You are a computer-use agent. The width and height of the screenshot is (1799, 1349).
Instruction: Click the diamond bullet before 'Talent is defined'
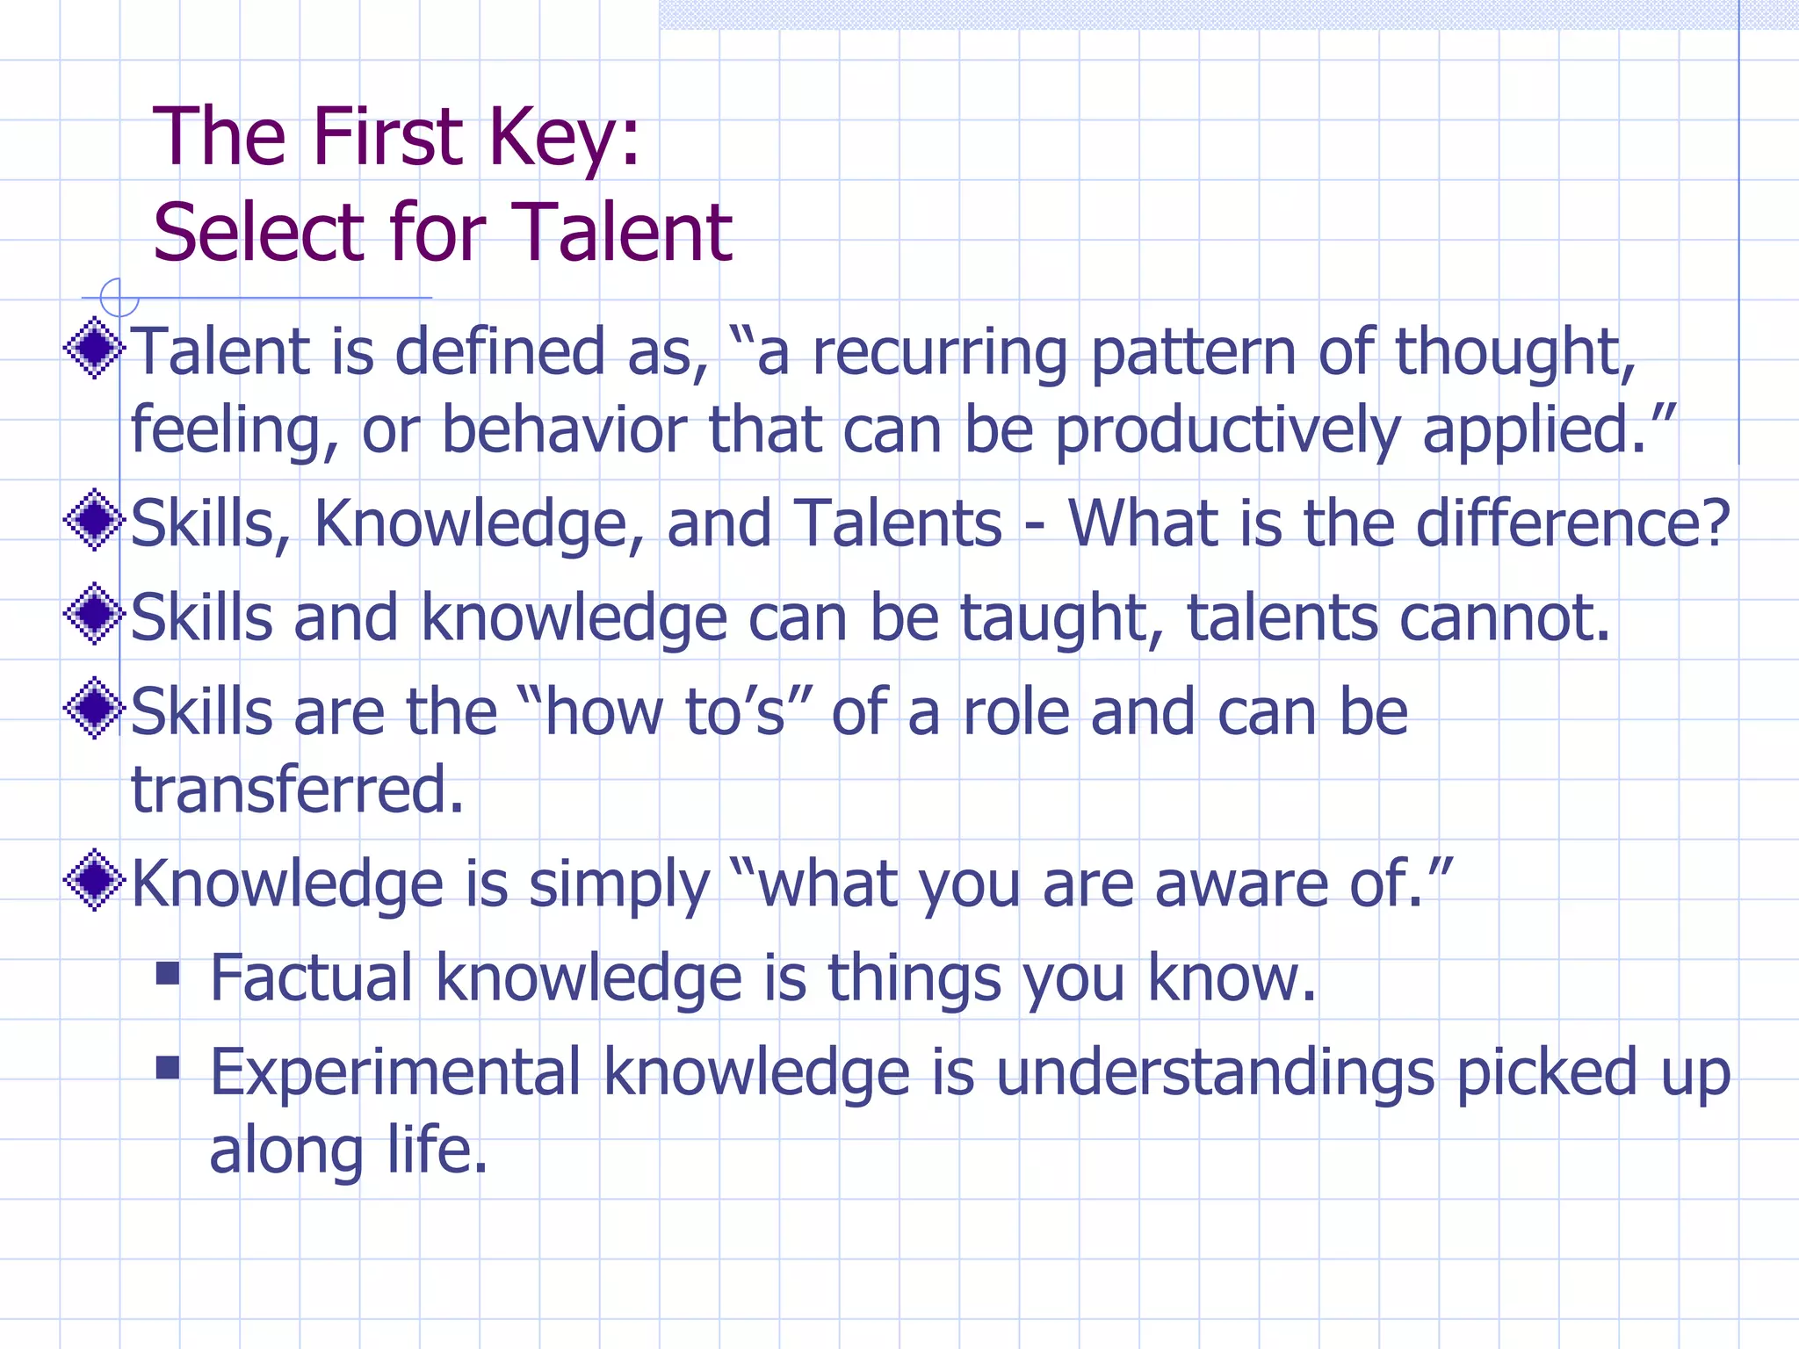94,348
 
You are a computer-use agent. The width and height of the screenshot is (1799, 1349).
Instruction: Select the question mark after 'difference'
1714,523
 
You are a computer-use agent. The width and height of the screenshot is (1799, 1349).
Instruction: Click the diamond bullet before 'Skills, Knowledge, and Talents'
94,520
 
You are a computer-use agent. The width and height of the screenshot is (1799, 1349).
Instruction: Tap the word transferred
297,789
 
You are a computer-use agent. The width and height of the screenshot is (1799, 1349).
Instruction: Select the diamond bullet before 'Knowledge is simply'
94,880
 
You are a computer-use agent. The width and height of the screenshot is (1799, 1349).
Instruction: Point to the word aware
1240,885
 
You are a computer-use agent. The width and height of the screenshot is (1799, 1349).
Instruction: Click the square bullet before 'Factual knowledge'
168,973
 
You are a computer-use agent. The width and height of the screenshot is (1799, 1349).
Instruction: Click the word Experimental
395,1073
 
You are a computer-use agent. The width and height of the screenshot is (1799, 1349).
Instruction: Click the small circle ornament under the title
119,298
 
